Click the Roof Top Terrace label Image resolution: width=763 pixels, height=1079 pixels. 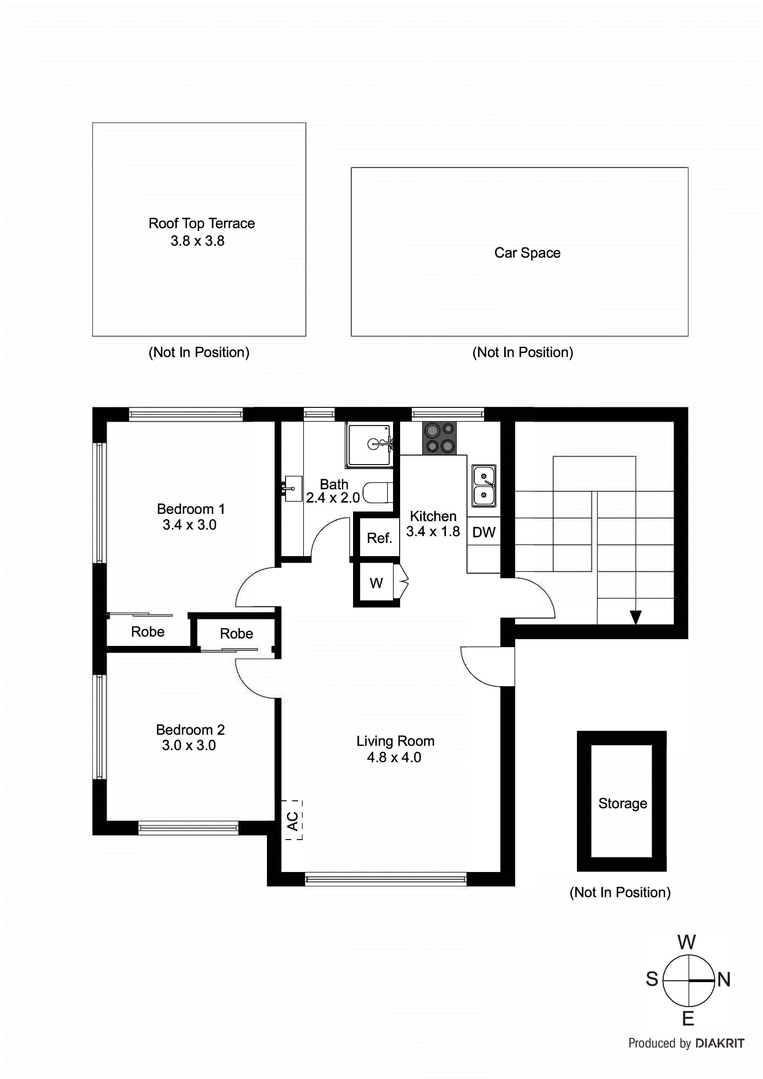tap(201, 223)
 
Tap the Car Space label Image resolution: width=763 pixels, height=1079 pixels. tap(527, 253)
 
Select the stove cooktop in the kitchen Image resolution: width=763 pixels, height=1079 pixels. tap(439, 438)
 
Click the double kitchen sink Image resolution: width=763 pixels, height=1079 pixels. tap(484, 486)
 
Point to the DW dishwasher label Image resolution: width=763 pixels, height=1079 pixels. tap(484, 532)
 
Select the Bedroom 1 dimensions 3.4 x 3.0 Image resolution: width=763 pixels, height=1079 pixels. tap(189, 525)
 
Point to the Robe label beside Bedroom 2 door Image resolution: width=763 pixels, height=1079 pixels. tap(236, 634)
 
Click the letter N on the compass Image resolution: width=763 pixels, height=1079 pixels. tap(724, 980)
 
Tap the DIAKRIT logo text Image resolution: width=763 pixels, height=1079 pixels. tap(720, 1043)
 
